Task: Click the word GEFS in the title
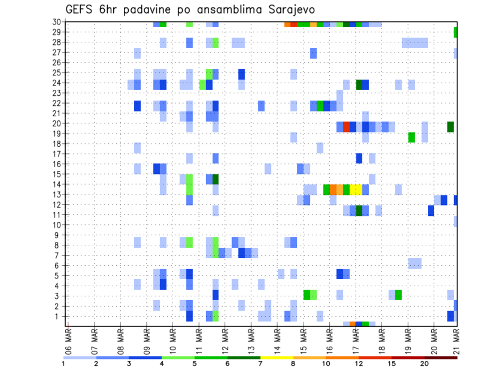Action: [81, 9]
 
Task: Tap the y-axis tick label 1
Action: [58, 316]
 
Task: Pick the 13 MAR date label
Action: [251, 340]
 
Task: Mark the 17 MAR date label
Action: [355, 340]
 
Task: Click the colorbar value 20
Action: [425, 364]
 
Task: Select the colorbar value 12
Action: [359, 364]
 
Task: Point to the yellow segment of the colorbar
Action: [276, 358]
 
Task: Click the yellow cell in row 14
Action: [356, 189]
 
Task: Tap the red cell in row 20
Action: [346, 127]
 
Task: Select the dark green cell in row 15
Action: [216, 179]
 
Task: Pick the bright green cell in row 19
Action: [412, 137]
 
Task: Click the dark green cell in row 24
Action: [359, 85]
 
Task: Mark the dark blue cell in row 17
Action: [359, 158]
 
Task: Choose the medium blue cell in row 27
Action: [313, 53]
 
